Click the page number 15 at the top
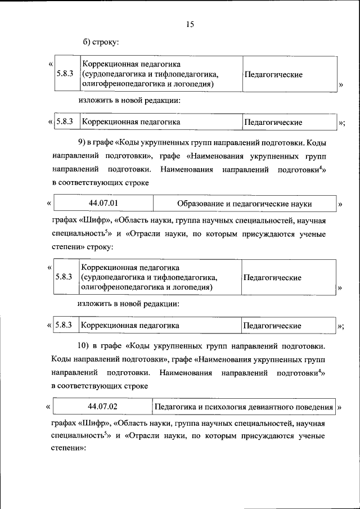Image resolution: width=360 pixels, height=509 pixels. [x=190, y=24]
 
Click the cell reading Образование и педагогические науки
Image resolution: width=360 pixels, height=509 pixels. [x=244, y=204]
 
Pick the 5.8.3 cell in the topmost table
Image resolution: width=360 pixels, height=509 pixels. [x=65, y=74]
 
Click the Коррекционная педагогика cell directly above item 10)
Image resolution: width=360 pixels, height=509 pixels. [x=160, y=325]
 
